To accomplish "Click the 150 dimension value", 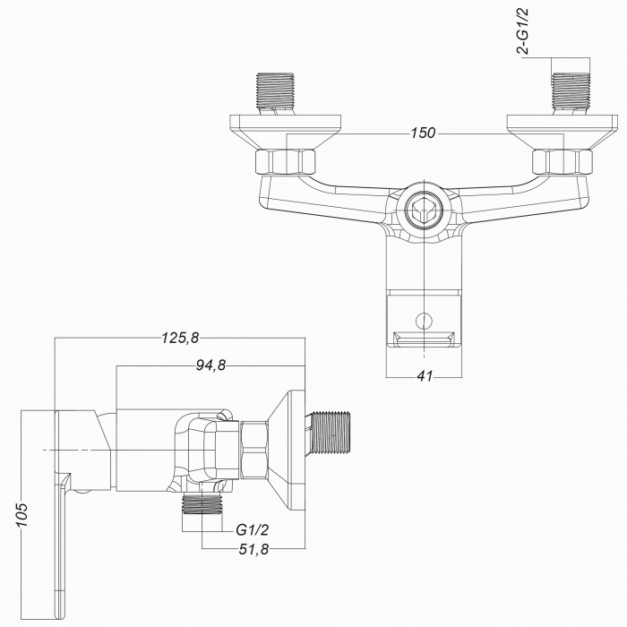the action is pos(423,133).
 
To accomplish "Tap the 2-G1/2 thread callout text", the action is pos(522,30).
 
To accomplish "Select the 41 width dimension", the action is pos(425,376).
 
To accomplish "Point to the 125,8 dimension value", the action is pos(180,338).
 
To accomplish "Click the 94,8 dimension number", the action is pos(210,365).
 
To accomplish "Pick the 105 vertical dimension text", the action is pos(22,515).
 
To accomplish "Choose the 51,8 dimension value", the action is pos(253,549).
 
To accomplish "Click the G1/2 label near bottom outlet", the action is pos(253,530).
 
